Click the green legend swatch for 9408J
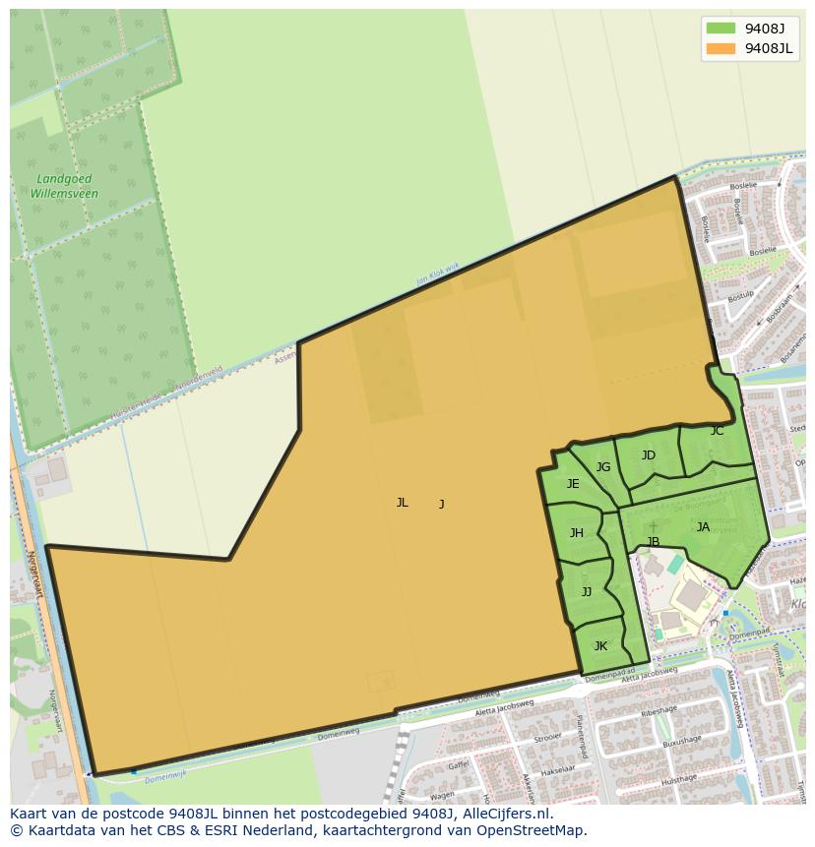pyautogui.click(x=721, y=29)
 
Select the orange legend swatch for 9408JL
pyautogui.click(x=721, y=48)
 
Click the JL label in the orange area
pyautogui.click(x=402, y=503)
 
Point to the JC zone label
pyautogui.click(x=717, y=431)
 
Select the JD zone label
pyautogui.click(x=648, y=455)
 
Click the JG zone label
pyautogui.click(x=603, y=467)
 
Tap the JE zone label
pyautogui.click(x=573, y=484)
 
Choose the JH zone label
pyautogui.click(x=577, y=533)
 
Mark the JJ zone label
pyautogui.click(x=587, y=592)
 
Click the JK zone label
pyautogui.click(x=600, y=646)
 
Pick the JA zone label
pyautogui.click(x=703, y=527)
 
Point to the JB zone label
pyautogui.click(x=653, y=542)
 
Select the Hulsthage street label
pyautogui.click(x=679, y=779)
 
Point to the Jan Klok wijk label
pyautogui.click(x=437, y=272)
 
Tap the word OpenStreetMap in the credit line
pyautogui.click(x=533, y=830)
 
